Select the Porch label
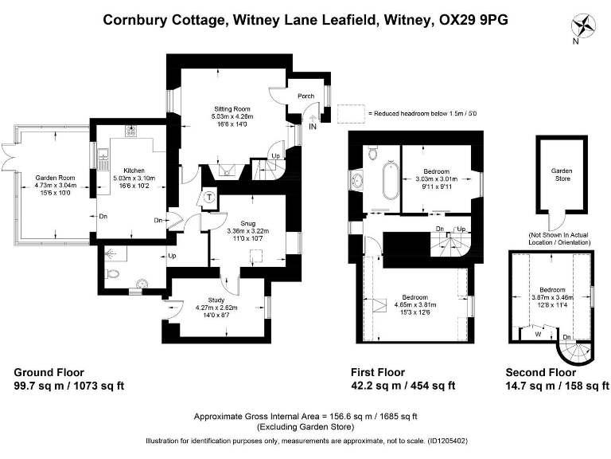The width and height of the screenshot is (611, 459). (x=306, y=96)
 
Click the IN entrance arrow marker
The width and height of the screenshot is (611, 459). (x=313, y=126)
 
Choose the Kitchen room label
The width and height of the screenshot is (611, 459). (x=133, y=171)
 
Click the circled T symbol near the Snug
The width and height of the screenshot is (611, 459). (x=209, y=198)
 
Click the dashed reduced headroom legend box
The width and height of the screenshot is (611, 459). (x=351, y=114)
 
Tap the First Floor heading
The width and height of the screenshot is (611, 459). (x=378, y=372)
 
